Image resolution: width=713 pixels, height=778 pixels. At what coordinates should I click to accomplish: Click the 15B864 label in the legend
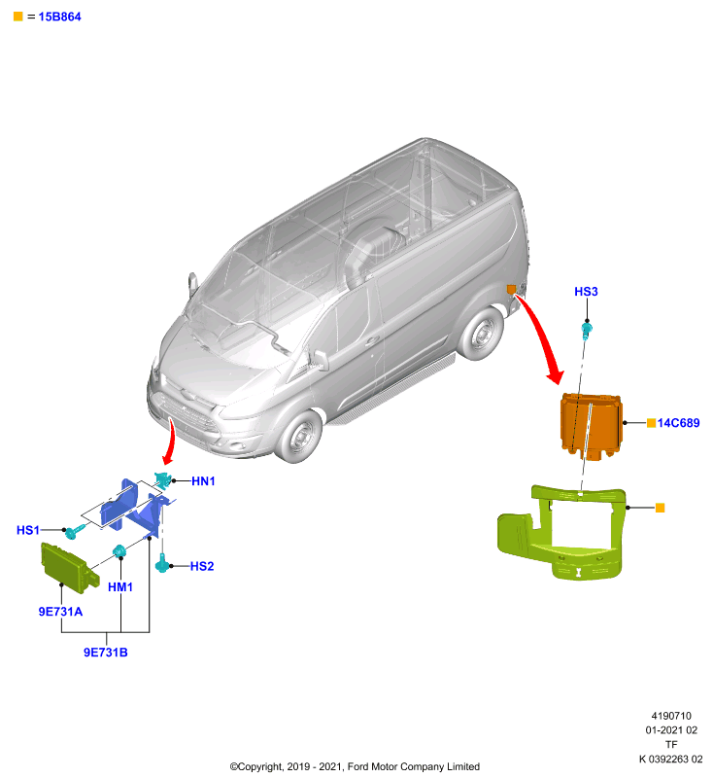[59, 17]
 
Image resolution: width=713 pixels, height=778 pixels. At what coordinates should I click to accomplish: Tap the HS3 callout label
[586, 291]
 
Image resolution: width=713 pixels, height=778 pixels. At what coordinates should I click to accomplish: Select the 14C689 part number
[678, 423]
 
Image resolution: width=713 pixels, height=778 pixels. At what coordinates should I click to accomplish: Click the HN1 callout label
[203, 480]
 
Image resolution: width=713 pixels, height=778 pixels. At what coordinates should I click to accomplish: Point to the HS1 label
[28, 530]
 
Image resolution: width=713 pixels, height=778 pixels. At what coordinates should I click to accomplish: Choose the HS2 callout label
[202, 566]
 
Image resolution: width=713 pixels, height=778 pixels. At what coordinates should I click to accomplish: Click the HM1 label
[120, 587]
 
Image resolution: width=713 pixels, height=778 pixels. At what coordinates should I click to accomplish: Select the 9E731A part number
[60, 612]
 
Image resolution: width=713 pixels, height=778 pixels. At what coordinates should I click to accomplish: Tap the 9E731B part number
[106, 652]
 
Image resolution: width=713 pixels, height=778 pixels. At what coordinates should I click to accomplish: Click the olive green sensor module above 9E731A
[68, 568]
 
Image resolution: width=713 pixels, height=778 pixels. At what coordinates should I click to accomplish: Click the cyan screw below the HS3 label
[587, 331]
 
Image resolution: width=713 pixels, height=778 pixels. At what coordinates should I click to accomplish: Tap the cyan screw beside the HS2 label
[162, 565]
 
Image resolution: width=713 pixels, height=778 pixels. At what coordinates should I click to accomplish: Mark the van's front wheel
[299, 437]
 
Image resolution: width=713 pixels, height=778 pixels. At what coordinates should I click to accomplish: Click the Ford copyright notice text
[355, 766]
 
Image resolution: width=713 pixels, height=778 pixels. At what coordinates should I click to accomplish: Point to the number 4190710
[671, 716]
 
